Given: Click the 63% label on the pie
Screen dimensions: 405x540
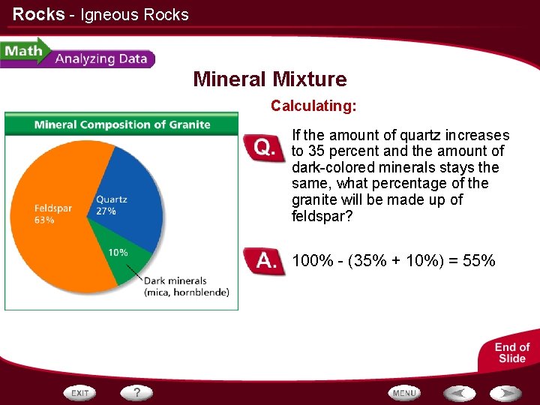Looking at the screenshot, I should [x=44, y=220].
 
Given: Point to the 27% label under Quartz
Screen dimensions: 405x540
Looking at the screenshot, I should [x=106, y=211].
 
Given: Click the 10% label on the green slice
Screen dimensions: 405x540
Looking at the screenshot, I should [x=118, y=253].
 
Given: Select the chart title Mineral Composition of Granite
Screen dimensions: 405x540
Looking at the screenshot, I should [x=122, y=124].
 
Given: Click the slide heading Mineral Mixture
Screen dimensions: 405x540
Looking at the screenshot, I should [x=269, y=79].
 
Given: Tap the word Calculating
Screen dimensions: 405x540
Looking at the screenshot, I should [x=313, y=106].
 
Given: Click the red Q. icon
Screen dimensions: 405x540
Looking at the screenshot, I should [x=264, y=147].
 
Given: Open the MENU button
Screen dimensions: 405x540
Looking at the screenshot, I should [x=403, y=392].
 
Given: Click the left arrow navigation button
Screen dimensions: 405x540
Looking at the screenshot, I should [x=459, y=392].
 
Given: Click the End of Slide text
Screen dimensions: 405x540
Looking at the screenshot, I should [x=512, y=352].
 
